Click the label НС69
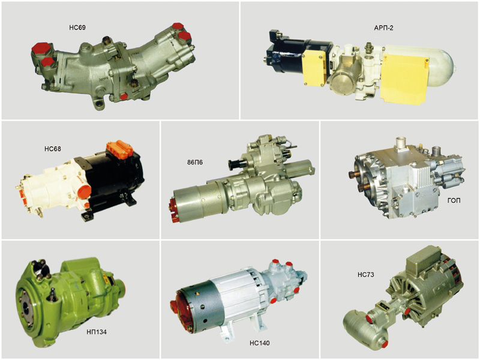tap(77, 28)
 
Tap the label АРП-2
tap(383, 28)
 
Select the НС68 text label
tap(53, 149)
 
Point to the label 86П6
tap(194, 162)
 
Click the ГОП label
tap(454, 200)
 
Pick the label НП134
tap(96, 332)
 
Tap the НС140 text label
tap(260, 343)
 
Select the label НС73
tap(366, 275)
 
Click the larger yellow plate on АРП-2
tap(404, 78)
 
